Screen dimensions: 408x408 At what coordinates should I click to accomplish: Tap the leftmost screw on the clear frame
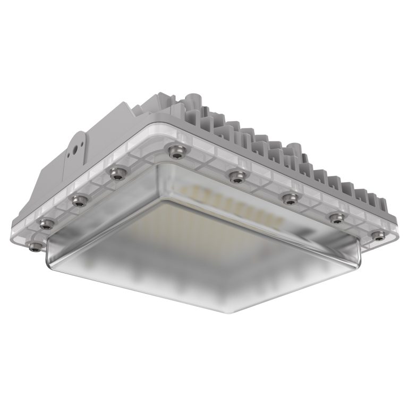pyautogui.click(x=35, y=246)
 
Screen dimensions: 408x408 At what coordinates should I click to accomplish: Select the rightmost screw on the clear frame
pyautogui.click(x=378, y=235)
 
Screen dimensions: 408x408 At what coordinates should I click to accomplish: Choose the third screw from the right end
pyautogui.click(x=290, y=198)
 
